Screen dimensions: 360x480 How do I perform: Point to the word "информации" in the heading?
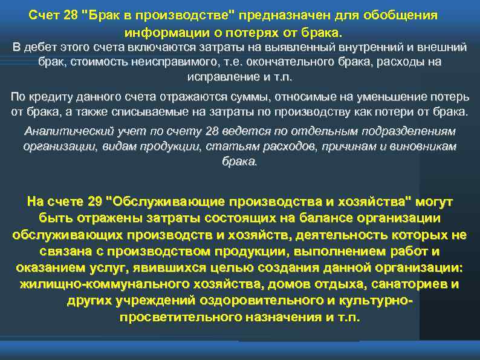point(160,31)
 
